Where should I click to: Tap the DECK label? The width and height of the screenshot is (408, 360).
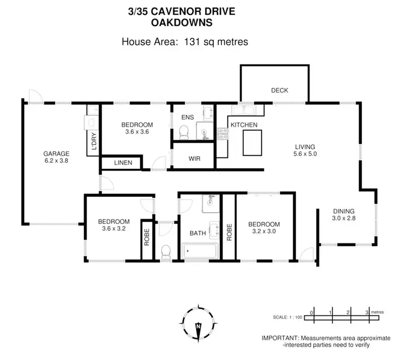coord(280,90)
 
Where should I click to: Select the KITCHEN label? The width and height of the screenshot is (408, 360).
coord(244,125)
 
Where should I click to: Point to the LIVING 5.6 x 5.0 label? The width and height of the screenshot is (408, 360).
coord(305,150)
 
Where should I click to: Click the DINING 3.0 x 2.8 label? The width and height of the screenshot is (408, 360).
coord(344,215)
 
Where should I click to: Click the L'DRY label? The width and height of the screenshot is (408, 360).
coord(94,141)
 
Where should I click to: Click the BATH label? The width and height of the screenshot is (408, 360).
coord(197,233)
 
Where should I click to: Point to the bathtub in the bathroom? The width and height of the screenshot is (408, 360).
coord(200,252)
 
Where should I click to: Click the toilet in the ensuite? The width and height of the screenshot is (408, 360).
coord(184,131)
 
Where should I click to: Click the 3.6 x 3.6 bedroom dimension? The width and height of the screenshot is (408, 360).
coord(137,131)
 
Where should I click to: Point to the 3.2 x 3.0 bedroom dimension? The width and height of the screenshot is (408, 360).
coord(264,231)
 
